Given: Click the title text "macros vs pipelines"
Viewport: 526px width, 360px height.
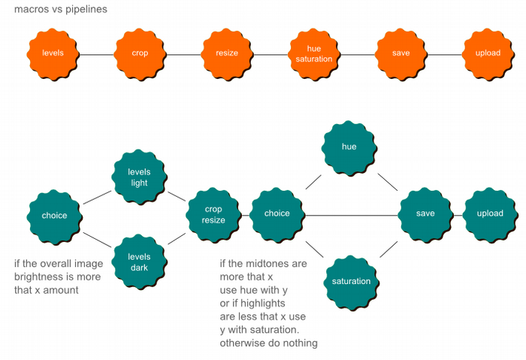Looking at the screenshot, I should (x=60, y=10).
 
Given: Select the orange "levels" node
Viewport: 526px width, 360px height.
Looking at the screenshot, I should (x=53, y=54).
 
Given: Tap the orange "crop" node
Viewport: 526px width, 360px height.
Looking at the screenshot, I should (x=140, y=54).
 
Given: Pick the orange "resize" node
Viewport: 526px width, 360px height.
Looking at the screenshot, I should (x=227, y=54).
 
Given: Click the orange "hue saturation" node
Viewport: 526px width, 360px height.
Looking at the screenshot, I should (x=314, y=54).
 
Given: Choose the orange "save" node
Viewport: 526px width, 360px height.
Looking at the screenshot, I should (x=401, y=54).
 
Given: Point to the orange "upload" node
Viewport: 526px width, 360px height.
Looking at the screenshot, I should (x=488, y=54).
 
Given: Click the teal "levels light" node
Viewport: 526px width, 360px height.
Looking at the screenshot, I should (x=139, y=178).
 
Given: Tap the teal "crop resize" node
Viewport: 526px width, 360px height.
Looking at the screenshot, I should (x=213, y=215).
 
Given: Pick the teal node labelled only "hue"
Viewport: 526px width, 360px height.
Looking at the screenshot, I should (x=349, y=147).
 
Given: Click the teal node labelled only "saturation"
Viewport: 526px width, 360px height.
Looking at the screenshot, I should (x=351, y=282).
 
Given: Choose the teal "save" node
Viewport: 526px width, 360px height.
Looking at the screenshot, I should (x=425, y=214).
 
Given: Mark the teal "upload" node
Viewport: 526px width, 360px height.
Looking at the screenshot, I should (x=490, y=214).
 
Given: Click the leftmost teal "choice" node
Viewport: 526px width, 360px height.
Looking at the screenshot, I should (x=54, y=216).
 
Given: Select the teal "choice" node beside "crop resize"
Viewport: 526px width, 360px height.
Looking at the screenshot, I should (x=277, y=214).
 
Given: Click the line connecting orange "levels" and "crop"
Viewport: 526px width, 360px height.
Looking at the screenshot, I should (x=96, y=54).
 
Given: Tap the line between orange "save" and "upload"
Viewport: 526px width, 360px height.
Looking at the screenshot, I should (x=445, y=54).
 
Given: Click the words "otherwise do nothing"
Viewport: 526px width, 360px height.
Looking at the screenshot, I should (x=268, y=343).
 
